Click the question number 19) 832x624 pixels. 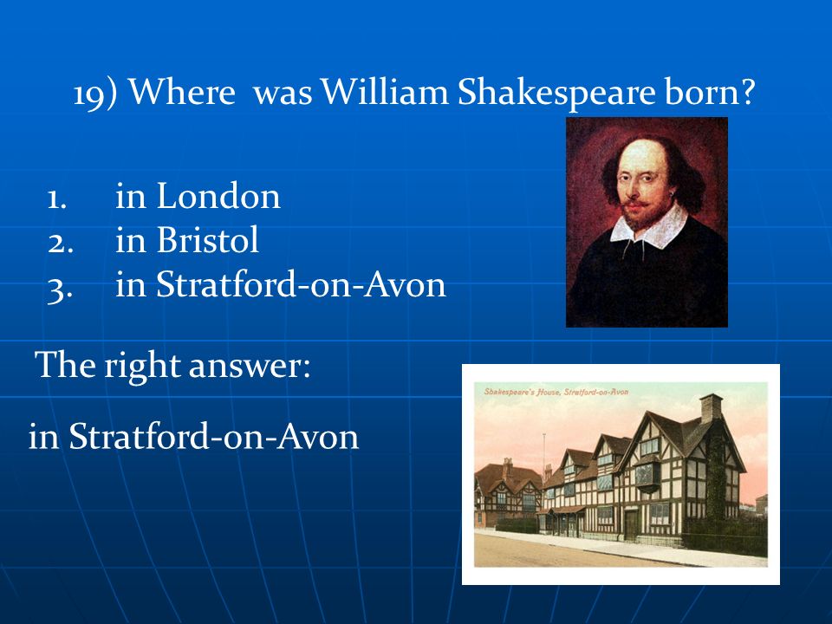tap(94, 94)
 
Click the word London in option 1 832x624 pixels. tap(218, 197)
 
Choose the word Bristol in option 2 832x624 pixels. tap(207, 240)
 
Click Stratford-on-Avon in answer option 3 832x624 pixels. tap(301, 285)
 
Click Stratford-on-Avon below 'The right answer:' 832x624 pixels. tap(214, 437)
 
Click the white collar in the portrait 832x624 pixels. tap(649, 225)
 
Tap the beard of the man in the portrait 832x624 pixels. tap(639, 214)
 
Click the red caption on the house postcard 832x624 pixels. tap(556, 392)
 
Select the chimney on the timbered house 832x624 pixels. tap(711, 407)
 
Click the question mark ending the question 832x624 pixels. tap(747, 91)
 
